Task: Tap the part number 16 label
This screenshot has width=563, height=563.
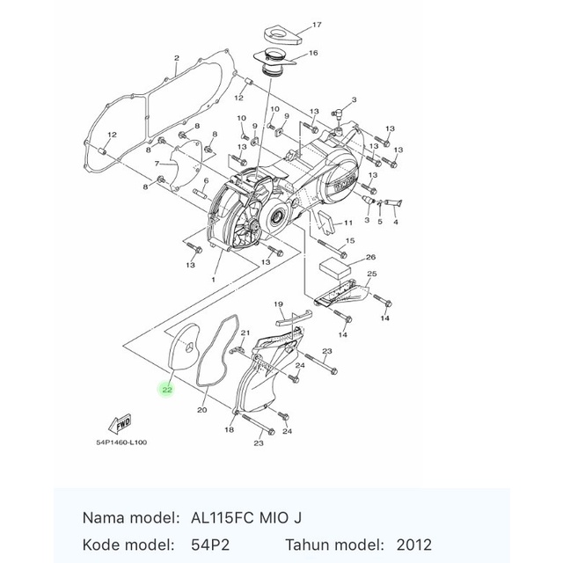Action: pyautogui.click(x=312, y=53)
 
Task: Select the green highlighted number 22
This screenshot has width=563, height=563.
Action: pyautogui.click(x=166, y=389)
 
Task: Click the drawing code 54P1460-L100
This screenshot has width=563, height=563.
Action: pyautogui.click(x=121, y=442)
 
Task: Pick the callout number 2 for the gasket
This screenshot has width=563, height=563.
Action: pyautogui.click(x=177, y=59)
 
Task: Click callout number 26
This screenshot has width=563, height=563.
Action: pyautogui.click(x=370, y=258)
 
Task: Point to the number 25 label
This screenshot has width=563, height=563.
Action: pyautogui.click(x=370, y=275)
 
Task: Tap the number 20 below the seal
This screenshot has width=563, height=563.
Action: pyautogui.click(x=201, y=410)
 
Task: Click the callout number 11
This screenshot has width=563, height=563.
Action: pyautogui.click(x=348, y=223)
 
